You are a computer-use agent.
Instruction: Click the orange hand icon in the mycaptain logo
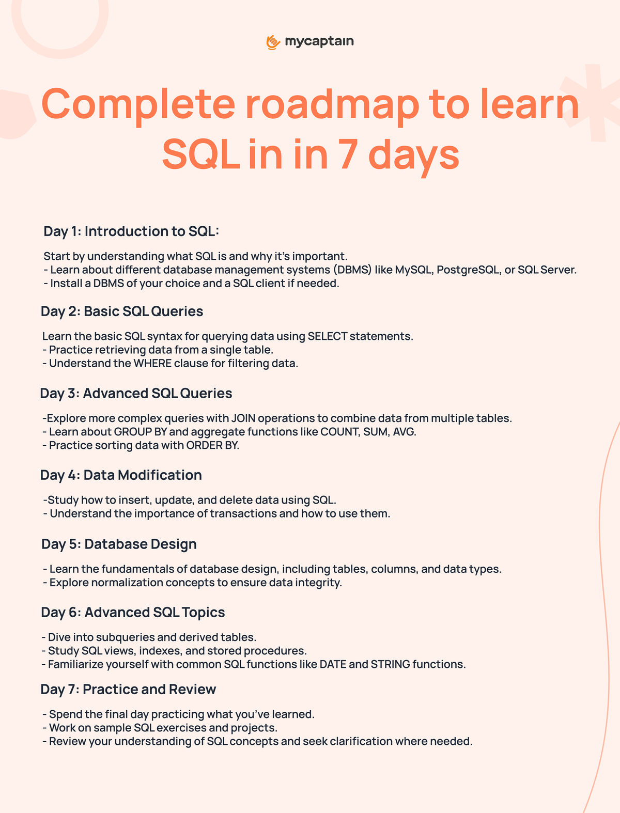273,42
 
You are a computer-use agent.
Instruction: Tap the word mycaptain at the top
319,41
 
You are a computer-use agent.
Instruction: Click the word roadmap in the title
332,104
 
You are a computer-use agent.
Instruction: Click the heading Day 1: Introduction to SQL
131,231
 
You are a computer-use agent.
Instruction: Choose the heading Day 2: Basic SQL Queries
122,311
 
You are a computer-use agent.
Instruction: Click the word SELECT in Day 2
328,336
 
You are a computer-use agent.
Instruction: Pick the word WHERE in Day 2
152,363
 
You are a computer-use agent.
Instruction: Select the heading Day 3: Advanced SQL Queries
136,393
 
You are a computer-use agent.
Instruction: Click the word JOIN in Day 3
243,418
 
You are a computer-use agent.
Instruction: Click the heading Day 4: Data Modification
121,475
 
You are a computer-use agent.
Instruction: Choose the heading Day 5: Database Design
119,544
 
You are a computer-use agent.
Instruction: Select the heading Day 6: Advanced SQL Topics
133,612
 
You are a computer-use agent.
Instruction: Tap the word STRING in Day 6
391,664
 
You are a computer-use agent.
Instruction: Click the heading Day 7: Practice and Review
128,689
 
